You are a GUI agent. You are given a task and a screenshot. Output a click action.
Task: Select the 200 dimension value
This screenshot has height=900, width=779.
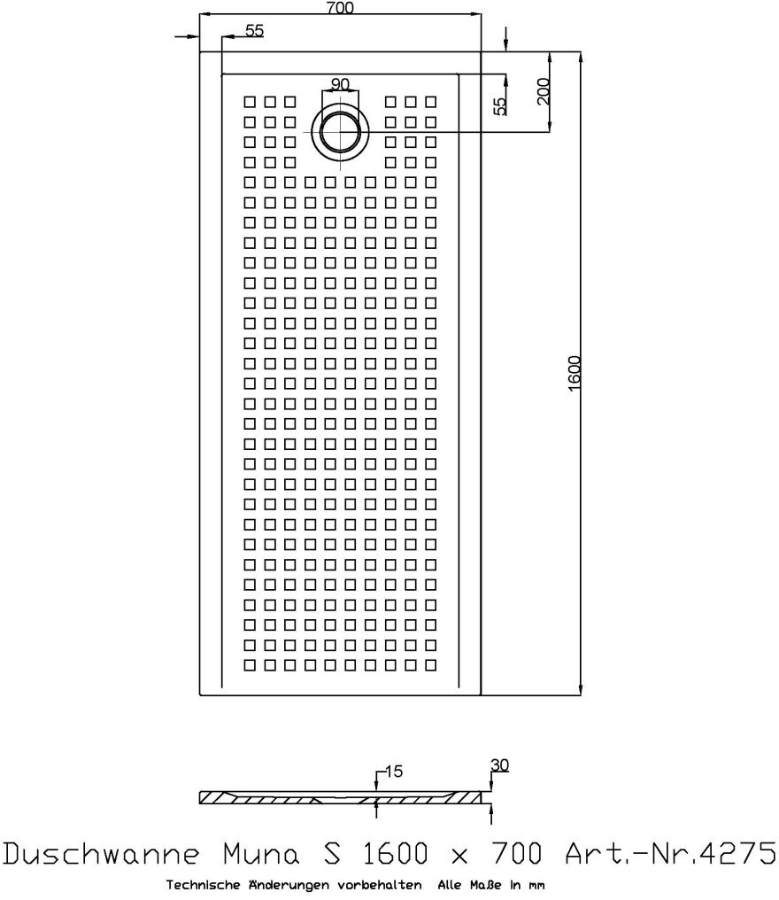(544, 91)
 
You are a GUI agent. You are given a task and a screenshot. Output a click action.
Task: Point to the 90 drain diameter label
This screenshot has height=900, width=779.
(340, 84)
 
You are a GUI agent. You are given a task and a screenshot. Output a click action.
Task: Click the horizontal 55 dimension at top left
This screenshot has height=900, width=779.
(254, 30)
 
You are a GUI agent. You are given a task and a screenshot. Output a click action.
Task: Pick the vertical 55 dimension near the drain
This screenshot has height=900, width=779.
(500, 106)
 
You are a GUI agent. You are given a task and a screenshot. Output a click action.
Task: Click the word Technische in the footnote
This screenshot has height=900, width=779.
(200, 885)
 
